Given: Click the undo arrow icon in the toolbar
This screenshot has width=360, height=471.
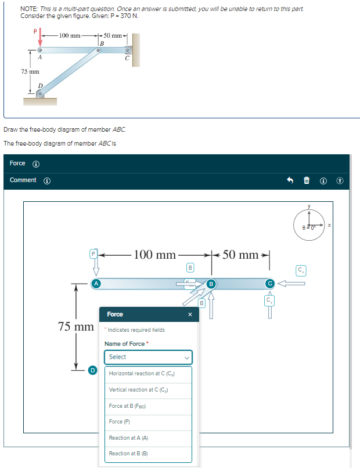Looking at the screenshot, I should click(x=291, y=180).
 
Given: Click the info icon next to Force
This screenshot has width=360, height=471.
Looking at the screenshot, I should click(x=35, y=164).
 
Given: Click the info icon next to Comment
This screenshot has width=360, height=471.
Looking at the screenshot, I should click(x=47, y=180).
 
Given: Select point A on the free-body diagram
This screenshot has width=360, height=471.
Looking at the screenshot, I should click(x=96, y=284).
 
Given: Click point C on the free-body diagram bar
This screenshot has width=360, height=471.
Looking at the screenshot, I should click(x=269, y=284).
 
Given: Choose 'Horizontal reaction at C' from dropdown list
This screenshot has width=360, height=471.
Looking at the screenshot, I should click(x=148, y=374).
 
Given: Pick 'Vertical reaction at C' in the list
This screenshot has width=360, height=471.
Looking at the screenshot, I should click(x=148, y=390).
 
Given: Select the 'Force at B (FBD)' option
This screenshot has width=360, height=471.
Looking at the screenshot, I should click(x=148, y=406).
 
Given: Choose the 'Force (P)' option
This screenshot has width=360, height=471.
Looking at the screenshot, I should click(x=148, y=422).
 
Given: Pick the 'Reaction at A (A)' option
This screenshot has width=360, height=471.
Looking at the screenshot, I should click(x=148, y=438).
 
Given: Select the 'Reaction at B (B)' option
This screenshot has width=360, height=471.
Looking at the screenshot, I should click(x=148, y=454).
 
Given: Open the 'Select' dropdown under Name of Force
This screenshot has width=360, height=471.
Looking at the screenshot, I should click(x=148, y=357).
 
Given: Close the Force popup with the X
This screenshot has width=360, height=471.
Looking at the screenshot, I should click(x=189, y=314).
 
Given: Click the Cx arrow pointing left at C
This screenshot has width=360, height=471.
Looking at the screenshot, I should click(x=291, y=284).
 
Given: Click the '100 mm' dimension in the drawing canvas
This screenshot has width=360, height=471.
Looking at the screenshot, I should click(x=154, y=255).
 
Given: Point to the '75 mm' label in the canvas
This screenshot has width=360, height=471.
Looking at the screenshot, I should click(x=77, y=327).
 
